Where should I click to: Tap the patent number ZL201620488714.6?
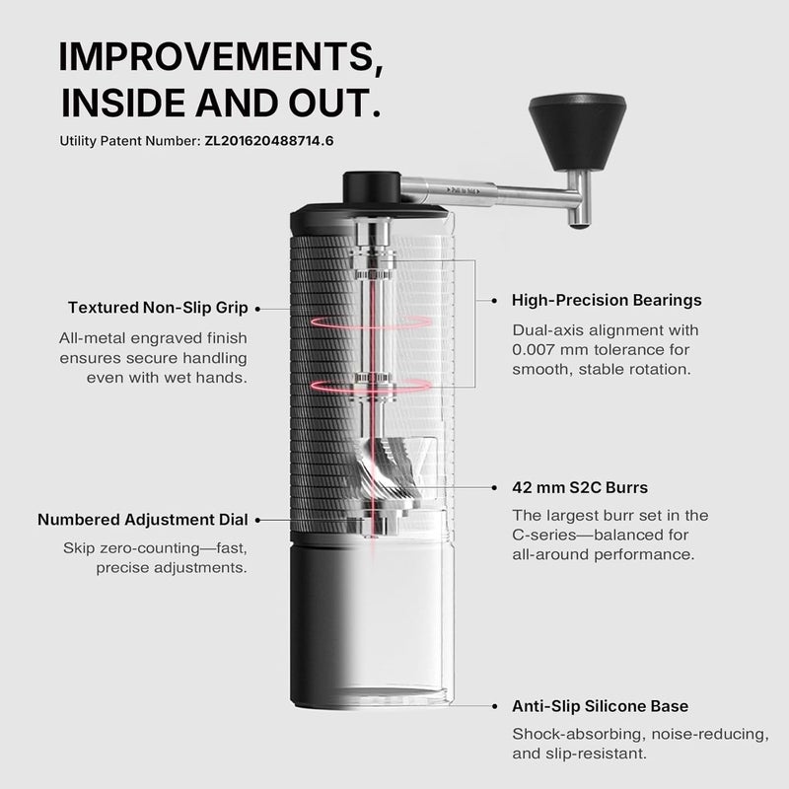pyautogui.click(x=269, y=140)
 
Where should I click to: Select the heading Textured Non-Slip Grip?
pyautogui.click(x=158, y=308)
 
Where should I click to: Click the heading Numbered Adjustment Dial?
pyautogui.click(x=142, y=519)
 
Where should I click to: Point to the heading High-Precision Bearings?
pyautogui.click(x=607, y=300)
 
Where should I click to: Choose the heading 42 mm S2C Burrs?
pyautogui.click(x=580, y=487)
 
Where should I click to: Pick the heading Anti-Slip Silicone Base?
pyautogui.click(x=600, y=706)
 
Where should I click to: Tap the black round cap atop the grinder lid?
pyautogui.click(x=370, y=186)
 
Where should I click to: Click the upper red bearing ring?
pyautogui.click(x=371, y=322)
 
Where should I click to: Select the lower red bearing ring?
pyautogui.click(x=371, y=385)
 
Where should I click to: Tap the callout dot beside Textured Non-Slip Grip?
pyautogui.click(x=257, y=308)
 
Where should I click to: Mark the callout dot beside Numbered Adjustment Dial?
pyautogui.click(x=257, y=519)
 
